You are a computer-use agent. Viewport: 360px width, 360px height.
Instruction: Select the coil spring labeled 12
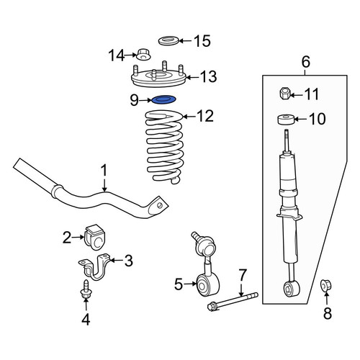click(165, 147)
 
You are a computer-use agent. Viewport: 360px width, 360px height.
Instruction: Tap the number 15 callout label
click(202, 41)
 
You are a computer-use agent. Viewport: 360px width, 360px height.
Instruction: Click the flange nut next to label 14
click(143, 55)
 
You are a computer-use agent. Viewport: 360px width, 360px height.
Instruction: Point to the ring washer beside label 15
click(168, 40)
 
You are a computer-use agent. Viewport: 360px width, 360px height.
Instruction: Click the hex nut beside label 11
click(285, 93)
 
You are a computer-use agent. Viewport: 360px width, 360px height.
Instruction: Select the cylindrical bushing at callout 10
click(286, 120)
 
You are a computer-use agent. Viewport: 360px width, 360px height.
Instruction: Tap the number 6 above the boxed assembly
click(305, 62)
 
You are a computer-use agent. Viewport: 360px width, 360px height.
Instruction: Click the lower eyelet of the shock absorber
click(291, 289)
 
